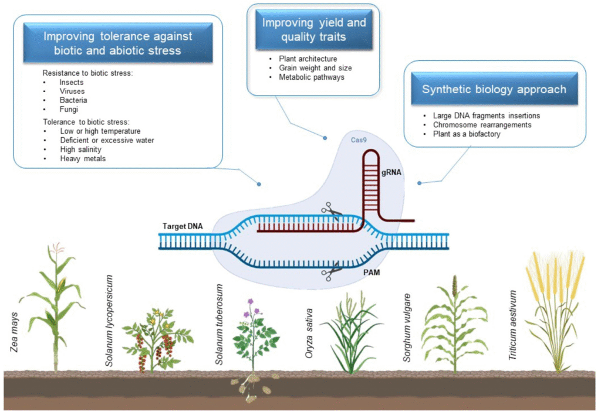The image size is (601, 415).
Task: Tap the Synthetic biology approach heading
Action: click(494, 89)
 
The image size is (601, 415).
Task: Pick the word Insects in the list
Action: click(71, 83)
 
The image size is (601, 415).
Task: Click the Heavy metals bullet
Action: click(83, 158)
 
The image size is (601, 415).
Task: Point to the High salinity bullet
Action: click(80, 149)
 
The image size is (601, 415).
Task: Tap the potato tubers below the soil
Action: click(251, 387)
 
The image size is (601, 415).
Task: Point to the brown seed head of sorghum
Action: click(454, 285)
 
